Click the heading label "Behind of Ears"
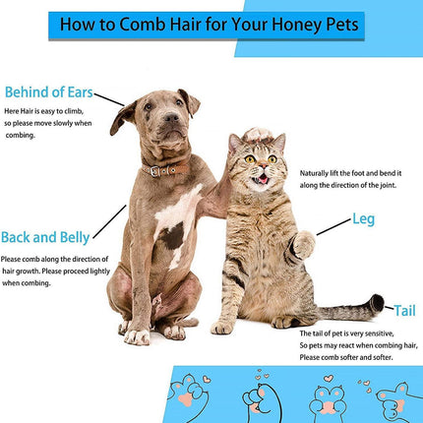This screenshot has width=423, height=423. pyautogui.click(x=48, y=93)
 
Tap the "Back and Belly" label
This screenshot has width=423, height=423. pyautogui.click(x=45, y=237)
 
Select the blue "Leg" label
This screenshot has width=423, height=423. pyautogui.click(x=364, y=220)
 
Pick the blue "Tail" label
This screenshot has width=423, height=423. pyautogui.click(x=403, y=309)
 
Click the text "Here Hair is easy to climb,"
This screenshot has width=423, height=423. pyautogui.click(x=46, y=114)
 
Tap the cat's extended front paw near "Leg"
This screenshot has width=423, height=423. pyautogui.click(x=302, y=240)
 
